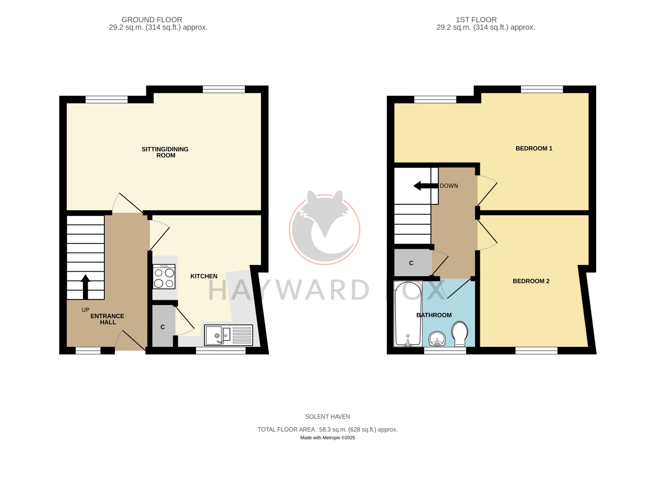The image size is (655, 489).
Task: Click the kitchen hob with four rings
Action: point(164,276)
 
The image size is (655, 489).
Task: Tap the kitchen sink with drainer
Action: point(228,335)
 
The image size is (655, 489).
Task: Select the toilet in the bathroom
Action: point(459,333)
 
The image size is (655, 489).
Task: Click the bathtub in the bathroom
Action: point(408,314)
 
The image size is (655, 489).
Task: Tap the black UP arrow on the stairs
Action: point(85,287)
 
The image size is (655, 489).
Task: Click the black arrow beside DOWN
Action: point(426,186)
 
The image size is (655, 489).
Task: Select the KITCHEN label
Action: point(204,276)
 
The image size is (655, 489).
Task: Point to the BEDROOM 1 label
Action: point(534,149)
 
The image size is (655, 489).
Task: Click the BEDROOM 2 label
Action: point(531,281)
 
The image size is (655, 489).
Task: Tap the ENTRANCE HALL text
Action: point(107,319)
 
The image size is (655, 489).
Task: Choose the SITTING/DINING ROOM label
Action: point(165,152)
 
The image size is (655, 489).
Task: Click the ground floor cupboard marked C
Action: point(162,327)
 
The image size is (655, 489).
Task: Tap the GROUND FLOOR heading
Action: point(152,20)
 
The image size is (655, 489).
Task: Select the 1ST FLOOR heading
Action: point(476,20)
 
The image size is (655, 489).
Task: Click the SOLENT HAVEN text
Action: point(327,416)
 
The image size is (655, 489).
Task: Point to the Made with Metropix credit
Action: point(327,437)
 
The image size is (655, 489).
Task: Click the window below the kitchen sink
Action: point(221,350)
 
